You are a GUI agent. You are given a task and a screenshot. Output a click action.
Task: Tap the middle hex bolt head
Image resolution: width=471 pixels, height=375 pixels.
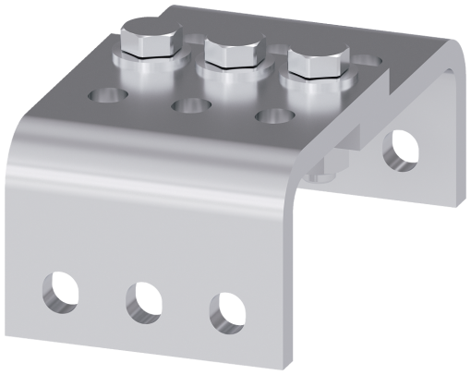[x=232, y=51]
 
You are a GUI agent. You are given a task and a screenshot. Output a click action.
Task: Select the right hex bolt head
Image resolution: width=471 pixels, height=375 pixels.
[x=317, y=62]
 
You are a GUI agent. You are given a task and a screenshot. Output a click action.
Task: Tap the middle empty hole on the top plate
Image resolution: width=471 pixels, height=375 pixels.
[x=191, y=106]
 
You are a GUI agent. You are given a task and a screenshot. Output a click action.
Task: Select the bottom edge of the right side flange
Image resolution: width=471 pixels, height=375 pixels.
[x=406, y=197]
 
